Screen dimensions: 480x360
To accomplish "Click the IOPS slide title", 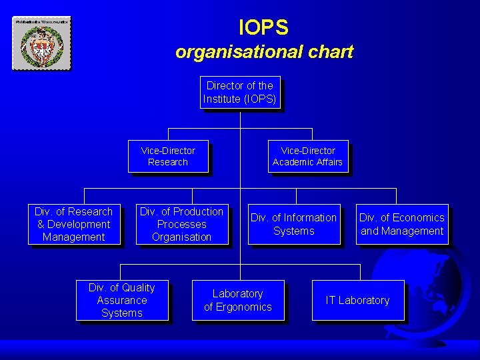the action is pos(263,27).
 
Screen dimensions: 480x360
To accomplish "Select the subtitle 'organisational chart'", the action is pos(264,51).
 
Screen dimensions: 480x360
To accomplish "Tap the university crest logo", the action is pos(41,43).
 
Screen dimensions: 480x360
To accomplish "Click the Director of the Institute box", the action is pos(239,92).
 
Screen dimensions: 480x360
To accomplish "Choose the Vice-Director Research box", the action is pos(168,157).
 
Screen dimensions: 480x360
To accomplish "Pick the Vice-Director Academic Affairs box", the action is pos(307,157).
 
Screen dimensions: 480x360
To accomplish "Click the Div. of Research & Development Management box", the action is pos(73,224).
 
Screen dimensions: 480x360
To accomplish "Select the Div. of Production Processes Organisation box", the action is pos(181,224).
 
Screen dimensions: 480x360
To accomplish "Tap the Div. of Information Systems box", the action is pos(293,224).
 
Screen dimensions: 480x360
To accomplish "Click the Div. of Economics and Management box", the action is pos(401,224).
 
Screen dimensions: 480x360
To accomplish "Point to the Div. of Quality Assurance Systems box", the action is pos(121,300).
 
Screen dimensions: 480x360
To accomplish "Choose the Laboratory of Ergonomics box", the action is pos(237,300).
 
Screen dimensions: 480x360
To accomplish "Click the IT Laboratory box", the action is pos(357,300).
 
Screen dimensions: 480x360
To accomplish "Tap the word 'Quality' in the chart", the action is pos(139,288).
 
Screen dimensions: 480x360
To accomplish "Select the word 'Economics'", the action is pos(419,218).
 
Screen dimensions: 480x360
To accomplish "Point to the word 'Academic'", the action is pos(289,162).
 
